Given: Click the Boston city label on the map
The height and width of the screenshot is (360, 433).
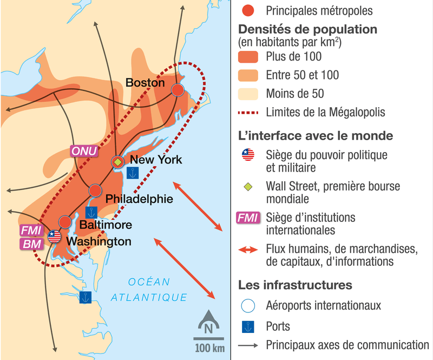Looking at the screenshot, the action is click(x=145, y=82).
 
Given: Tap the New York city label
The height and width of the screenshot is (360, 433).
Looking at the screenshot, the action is click(x=156, y=160).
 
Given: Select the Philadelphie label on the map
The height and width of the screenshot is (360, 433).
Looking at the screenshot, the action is click(x=139, y=199).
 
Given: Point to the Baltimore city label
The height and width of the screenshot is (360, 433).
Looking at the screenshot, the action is click(x=106, y=224).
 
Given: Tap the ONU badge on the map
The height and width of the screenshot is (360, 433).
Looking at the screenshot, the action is click(x=84, y=152).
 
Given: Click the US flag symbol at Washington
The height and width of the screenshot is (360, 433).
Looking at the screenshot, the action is click(x=54, y=236).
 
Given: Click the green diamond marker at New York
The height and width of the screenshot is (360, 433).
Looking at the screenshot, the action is click(x=117, y=161).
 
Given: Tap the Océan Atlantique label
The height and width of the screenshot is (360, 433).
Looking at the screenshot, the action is click(x=149, y=290).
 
